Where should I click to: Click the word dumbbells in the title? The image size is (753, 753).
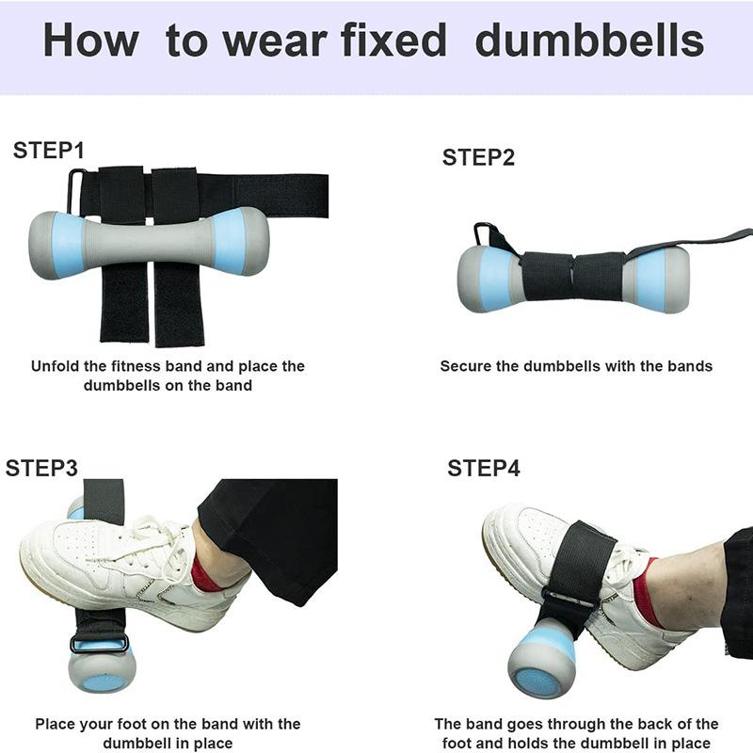[x=589, y=40]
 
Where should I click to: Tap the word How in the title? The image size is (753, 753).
[x=90, y=40]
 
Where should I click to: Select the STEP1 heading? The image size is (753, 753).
[x=49, y=151]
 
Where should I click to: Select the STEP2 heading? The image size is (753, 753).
[x=478, y=157]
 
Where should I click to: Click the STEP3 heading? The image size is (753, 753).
[x=41, y=468]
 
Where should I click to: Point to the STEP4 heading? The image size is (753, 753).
[x=484, y=468]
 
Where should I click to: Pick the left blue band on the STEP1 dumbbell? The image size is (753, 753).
[x=69, y=245]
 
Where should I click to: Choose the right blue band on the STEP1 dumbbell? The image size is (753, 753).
[x=229, y=242]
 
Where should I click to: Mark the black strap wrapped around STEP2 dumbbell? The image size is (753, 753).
[x=572, y=276]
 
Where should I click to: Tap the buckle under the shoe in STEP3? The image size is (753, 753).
[x=100, y=643]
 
